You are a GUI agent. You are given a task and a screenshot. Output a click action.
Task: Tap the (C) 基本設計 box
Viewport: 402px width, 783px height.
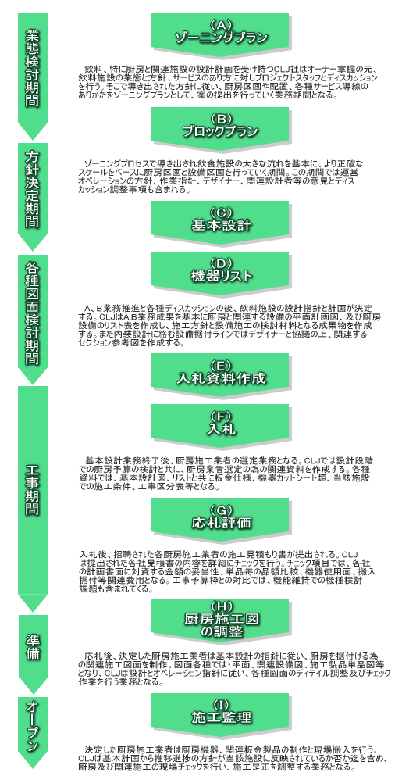tap(220, 221)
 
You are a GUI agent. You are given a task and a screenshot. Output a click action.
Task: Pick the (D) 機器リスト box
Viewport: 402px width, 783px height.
tap(220, 271)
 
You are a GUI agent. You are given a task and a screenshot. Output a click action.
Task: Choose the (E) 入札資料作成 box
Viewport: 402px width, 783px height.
tap(220, 373)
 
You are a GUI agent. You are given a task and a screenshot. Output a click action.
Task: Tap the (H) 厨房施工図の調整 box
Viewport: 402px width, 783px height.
tap(220, 620)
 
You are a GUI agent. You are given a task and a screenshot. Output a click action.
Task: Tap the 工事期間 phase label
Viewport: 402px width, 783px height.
tap(33, 490)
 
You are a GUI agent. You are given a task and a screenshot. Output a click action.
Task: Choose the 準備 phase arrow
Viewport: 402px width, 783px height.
tap(33, 649)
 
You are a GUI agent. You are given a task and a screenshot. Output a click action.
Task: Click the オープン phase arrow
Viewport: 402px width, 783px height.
tap(33, 729)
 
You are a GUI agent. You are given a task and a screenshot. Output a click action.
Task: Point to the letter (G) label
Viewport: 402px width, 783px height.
tap(219, 509)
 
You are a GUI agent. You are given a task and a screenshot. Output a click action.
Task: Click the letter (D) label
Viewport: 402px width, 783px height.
tap(219, 263)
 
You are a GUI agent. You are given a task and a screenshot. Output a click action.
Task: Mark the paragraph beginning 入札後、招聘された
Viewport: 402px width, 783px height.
tap(228, 572)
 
